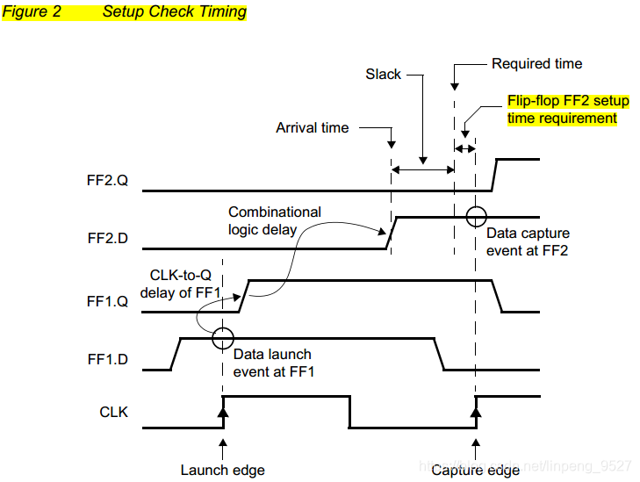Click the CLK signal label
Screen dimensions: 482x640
coord(113,410)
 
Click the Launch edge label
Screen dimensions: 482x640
coord(222,470)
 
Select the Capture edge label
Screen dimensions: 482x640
coord(475,470)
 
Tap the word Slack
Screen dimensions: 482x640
coord(383,75)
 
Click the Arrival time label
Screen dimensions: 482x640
coord(312,128)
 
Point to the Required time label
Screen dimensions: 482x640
coord(536,64)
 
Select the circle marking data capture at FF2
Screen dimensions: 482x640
coord(475,216)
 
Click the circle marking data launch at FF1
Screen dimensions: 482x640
coord(223,337)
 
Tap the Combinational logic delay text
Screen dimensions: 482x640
coord(275,219)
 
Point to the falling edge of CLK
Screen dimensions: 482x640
coord(349,412)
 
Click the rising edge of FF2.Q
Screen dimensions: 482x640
coord(494,175)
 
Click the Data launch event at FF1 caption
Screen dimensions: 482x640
coord(273,363)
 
